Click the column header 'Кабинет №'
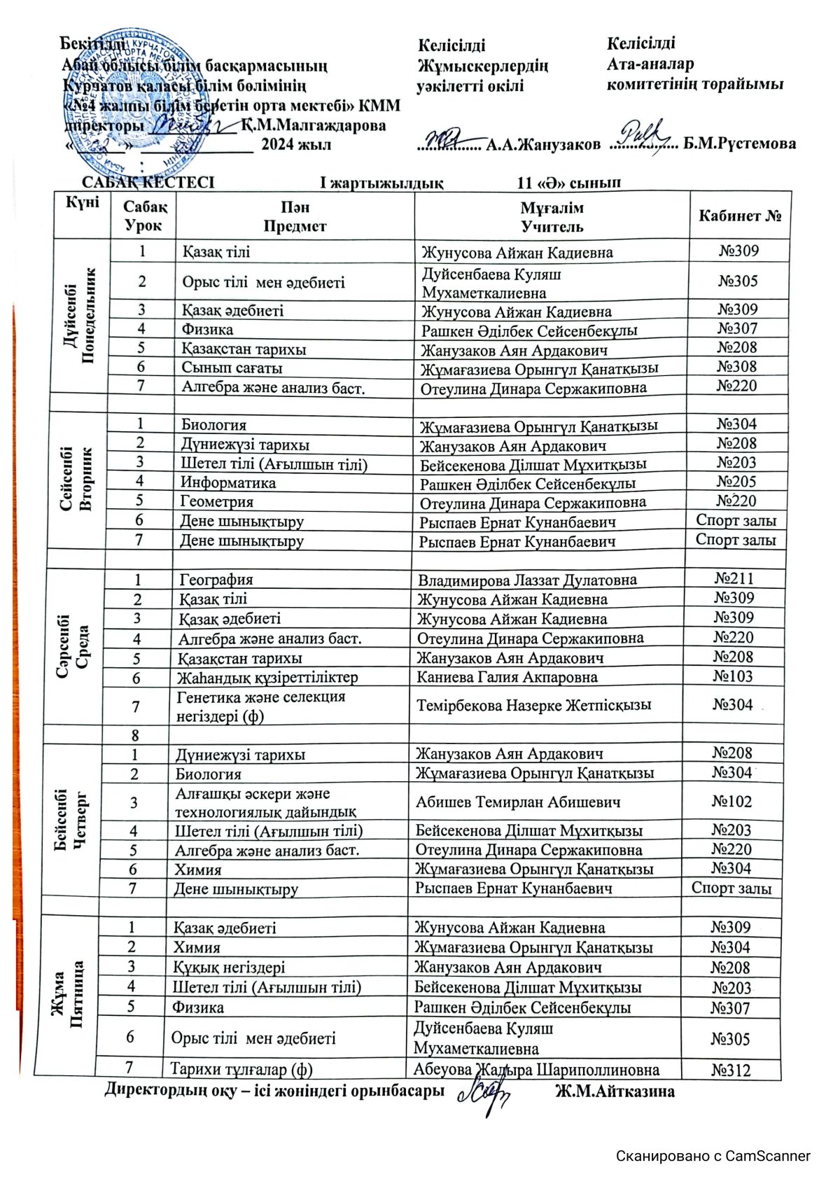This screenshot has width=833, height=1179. [x=739, y=216]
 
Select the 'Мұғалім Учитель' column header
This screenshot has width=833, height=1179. [x=552, y=217]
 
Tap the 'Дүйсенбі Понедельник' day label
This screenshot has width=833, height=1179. [x=80, y=315]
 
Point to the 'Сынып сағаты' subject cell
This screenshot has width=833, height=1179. [x=232, y=368]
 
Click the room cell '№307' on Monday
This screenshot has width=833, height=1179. [x=737, y=328]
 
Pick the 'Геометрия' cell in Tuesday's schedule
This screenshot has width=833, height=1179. [x=217, y=501]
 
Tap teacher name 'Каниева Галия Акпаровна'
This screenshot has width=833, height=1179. [x=507, y=677]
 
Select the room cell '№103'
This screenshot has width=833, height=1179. [x=733, y=676]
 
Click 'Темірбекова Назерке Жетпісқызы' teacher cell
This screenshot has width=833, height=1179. [x=533, y=705]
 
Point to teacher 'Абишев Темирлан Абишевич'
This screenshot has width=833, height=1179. [x=518, y=802]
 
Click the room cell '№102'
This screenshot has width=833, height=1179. [x=731, y=802]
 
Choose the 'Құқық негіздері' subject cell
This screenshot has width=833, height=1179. [x=229, y=968]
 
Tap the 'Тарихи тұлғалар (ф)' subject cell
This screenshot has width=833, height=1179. [x=241, y=1069]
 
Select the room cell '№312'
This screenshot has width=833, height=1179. [x=730, y=1070]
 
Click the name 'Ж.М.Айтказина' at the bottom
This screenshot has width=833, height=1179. [x=615, y=1091]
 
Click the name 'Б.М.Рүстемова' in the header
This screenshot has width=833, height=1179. [x=739, y=144]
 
